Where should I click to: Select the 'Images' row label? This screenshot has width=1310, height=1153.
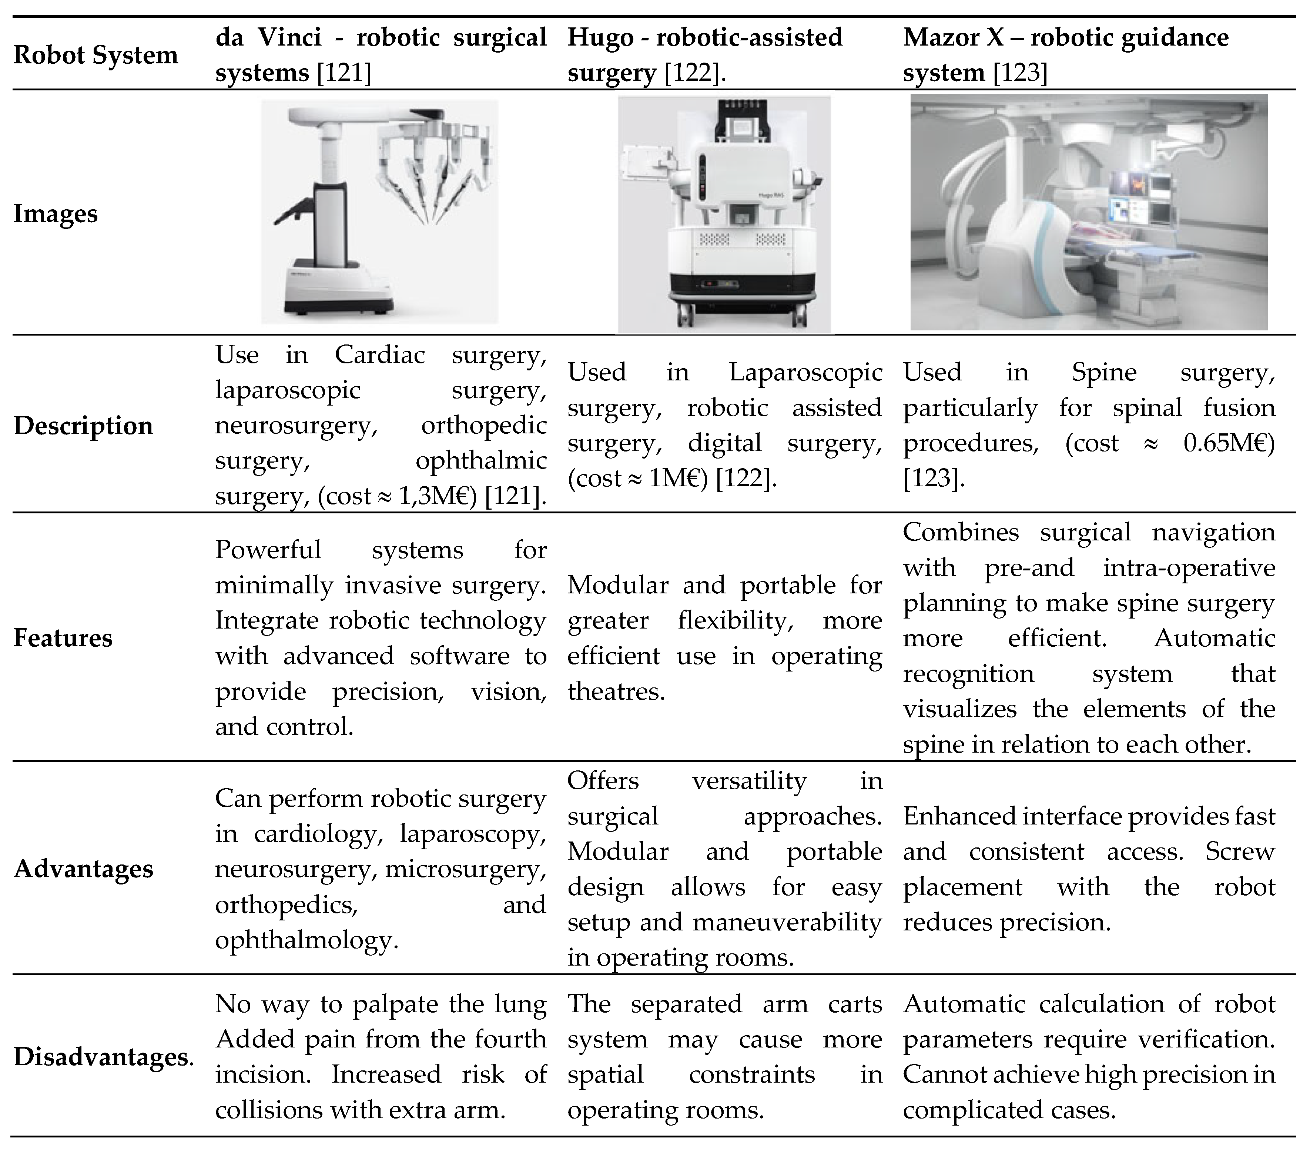click(x=56, y=214)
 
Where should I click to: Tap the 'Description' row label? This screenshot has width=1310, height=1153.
click(x=83, y=426)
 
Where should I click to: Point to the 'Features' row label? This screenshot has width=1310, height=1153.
click(x=63, y=638)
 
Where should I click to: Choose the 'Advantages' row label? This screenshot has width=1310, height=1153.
click(x=83, y=869)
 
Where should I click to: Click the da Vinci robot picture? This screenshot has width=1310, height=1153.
click(x=379, y=211)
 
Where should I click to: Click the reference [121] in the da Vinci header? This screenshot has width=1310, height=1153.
click(x=345, y=73)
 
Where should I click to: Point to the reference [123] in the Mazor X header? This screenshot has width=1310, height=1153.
click(x=1020, y=73)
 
